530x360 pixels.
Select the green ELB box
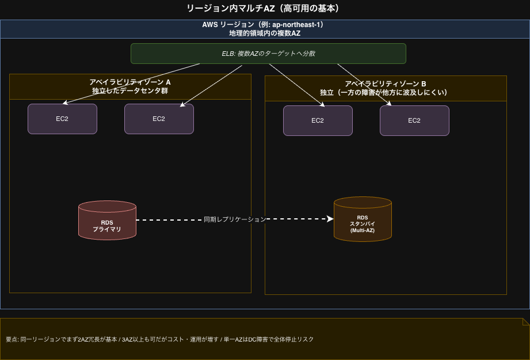[268, 54]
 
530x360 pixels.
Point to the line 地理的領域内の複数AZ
[265, 33]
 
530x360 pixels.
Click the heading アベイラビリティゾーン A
[130, 82]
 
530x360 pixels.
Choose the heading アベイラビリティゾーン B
[386, 84]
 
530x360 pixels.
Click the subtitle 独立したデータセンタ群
[130, 91]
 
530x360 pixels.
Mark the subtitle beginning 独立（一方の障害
[386, 92]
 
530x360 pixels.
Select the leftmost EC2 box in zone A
[62, 119]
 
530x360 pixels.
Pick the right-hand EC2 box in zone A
[159, 119]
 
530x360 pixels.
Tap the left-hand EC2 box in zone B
[318, 120]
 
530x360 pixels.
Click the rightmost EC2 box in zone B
[414, 120]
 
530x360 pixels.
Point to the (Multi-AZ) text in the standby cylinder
[363, 230]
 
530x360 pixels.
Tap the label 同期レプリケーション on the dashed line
[235, 219]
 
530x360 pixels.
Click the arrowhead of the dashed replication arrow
[330, 219]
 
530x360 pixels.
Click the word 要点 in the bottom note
[12, 339]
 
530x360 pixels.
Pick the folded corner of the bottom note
[525, 321]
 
